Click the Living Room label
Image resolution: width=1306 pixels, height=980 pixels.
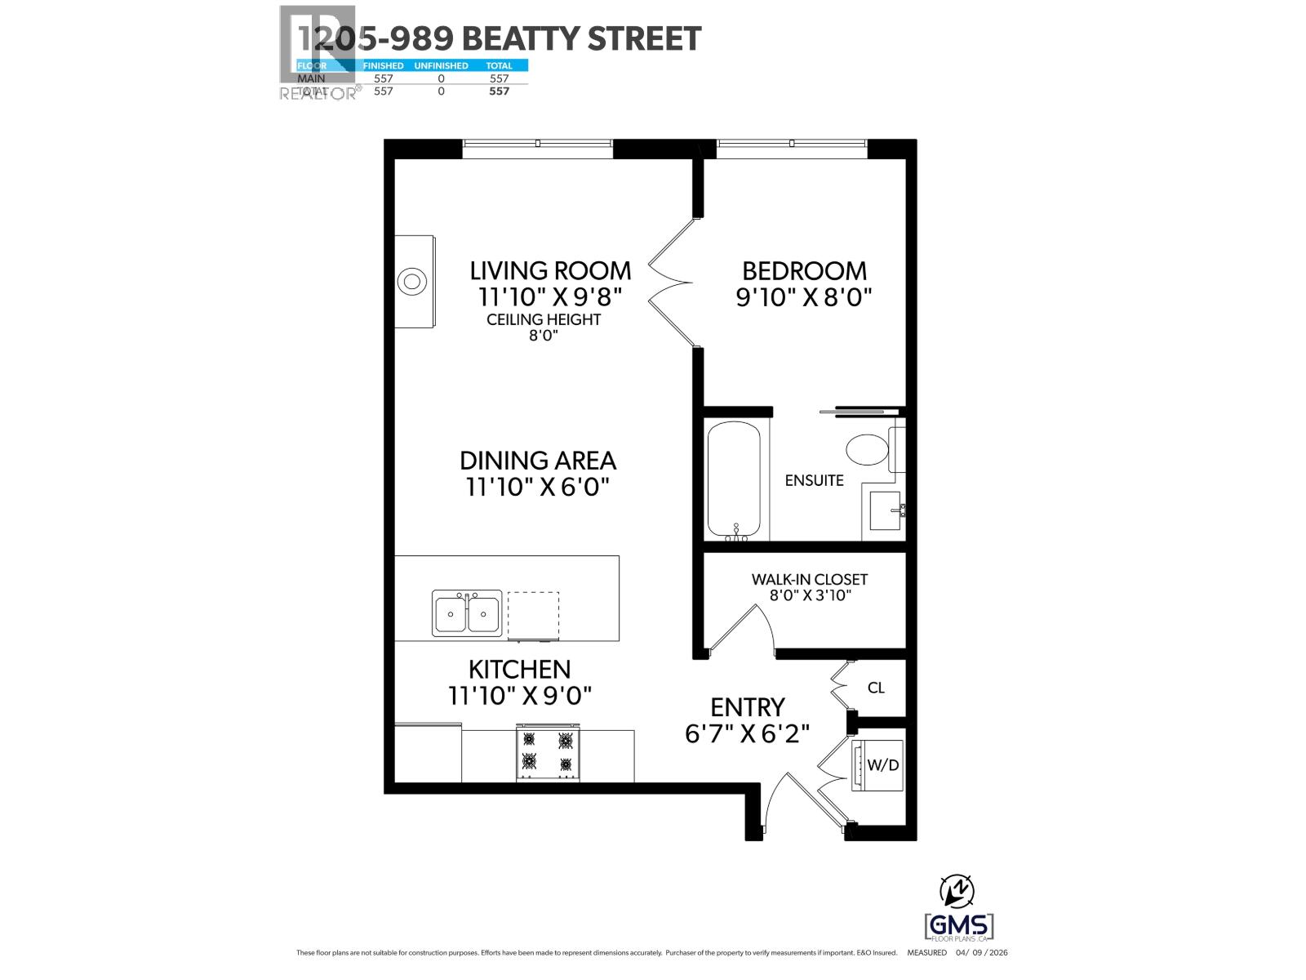(x=550, y=270)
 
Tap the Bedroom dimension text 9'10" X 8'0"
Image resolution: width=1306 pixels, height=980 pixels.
(x=804, y=296)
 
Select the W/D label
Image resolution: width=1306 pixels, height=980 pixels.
(x=882, y=765)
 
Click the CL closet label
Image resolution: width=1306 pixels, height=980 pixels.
(x=876, y=688)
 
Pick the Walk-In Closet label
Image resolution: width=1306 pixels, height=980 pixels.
(x=810, y=579)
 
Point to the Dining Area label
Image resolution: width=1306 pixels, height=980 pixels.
(x=537, y=461)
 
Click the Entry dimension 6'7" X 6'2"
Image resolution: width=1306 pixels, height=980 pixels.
(x=747, y=733)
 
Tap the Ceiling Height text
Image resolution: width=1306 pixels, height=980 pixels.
(x=544, y=319)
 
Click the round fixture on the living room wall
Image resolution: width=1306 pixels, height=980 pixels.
(x=412, y=283)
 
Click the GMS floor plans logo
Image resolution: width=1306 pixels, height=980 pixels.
(x=959, y=927)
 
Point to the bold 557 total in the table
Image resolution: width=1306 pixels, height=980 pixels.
(x=499, y=91)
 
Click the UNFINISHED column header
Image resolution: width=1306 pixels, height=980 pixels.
(x=441, y=65)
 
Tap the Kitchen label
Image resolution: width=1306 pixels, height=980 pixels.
(x=519, y=670)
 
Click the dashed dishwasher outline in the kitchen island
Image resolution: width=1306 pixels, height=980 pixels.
(x=534, y=615)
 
